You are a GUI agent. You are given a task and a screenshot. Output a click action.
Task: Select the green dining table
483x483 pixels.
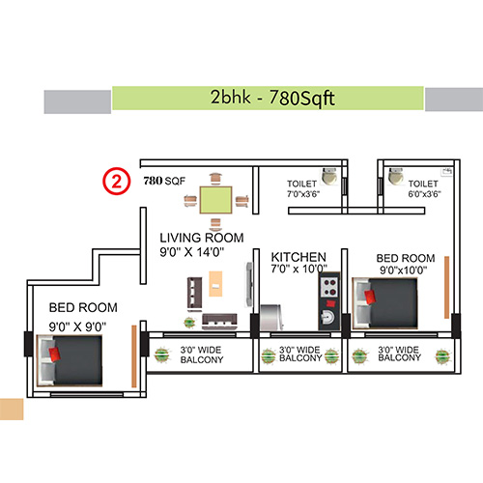point(216,199)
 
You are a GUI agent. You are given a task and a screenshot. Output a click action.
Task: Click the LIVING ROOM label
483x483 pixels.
point(202,238)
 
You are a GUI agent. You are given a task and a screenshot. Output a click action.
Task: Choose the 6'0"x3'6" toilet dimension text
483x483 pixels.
point(425,194)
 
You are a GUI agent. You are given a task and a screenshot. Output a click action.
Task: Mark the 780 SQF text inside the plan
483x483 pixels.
point(163,180)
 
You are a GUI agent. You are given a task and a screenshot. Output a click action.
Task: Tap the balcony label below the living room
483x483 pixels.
point(201,355)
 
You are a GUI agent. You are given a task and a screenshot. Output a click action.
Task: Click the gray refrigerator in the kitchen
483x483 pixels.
point(271,320)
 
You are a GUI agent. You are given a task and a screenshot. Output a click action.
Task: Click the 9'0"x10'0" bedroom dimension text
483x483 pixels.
point(403,270)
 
